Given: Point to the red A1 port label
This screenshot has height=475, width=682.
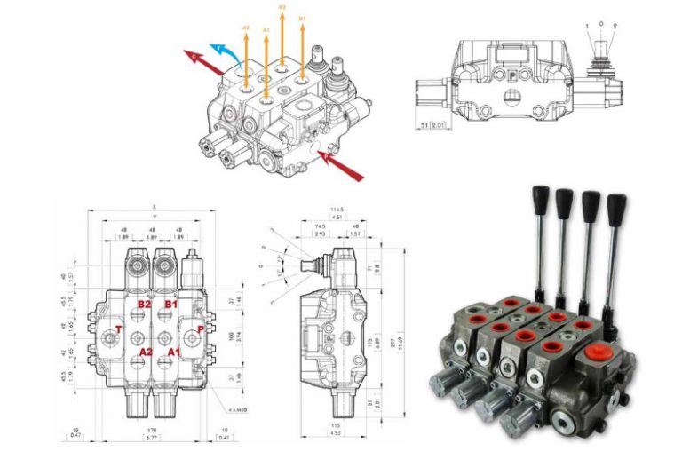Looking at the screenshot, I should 171,352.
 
